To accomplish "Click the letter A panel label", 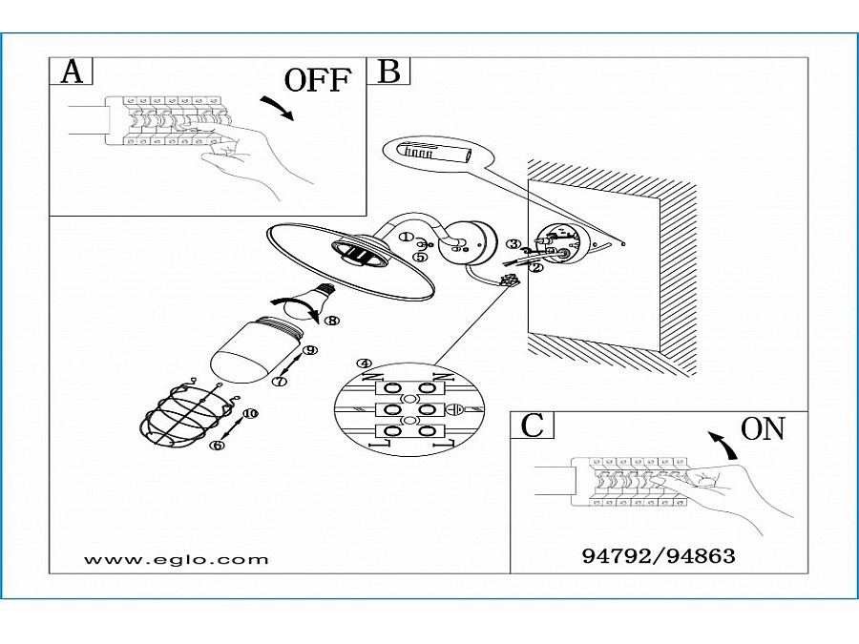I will pos(72,73).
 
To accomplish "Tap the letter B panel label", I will pos(389,73).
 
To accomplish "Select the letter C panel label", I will pos(533,426).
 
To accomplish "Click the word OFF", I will pos(319,80).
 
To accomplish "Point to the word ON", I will pos(763,430).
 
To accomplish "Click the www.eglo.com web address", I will pos(177,560).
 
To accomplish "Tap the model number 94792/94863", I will pos(659,554).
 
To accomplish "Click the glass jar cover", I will pos(254,353).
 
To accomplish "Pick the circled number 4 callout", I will pos(363,364).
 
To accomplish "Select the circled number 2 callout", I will pos(536,268).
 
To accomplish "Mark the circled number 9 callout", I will pos(308,351).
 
